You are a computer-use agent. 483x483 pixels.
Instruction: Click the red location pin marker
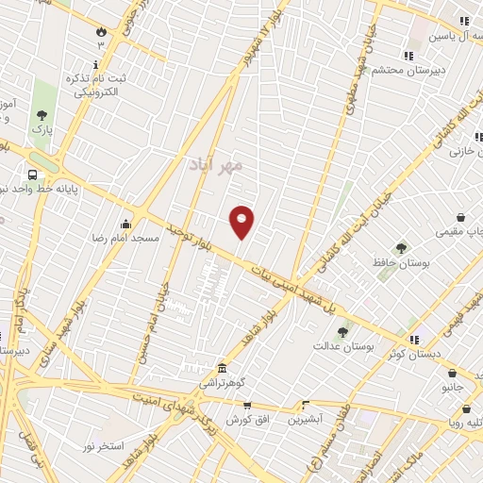(x=242, y=221)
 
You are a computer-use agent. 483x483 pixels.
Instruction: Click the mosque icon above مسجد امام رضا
(x=125, y=224)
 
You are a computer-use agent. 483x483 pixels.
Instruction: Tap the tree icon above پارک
(x=42, y=112)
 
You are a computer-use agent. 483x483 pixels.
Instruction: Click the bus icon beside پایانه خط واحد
(x=33, y=175)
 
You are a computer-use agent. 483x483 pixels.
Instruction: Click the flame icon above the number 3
(x=100, y=30)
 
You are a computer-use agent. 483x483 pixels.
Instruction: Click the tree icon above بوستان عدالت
(x=342, y=332)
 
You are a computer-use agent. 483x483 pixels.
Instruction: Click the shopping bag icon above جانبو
(x=452, y=373)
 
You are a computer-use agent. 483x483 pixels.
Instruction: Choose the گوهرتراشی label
(x=219, y=384)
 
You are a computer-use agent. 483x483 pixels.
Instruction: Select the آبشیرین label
(x=305, y=417)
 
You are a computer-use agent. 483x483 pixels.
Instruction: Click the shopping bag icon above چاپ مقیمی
(x=460, y=216)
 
